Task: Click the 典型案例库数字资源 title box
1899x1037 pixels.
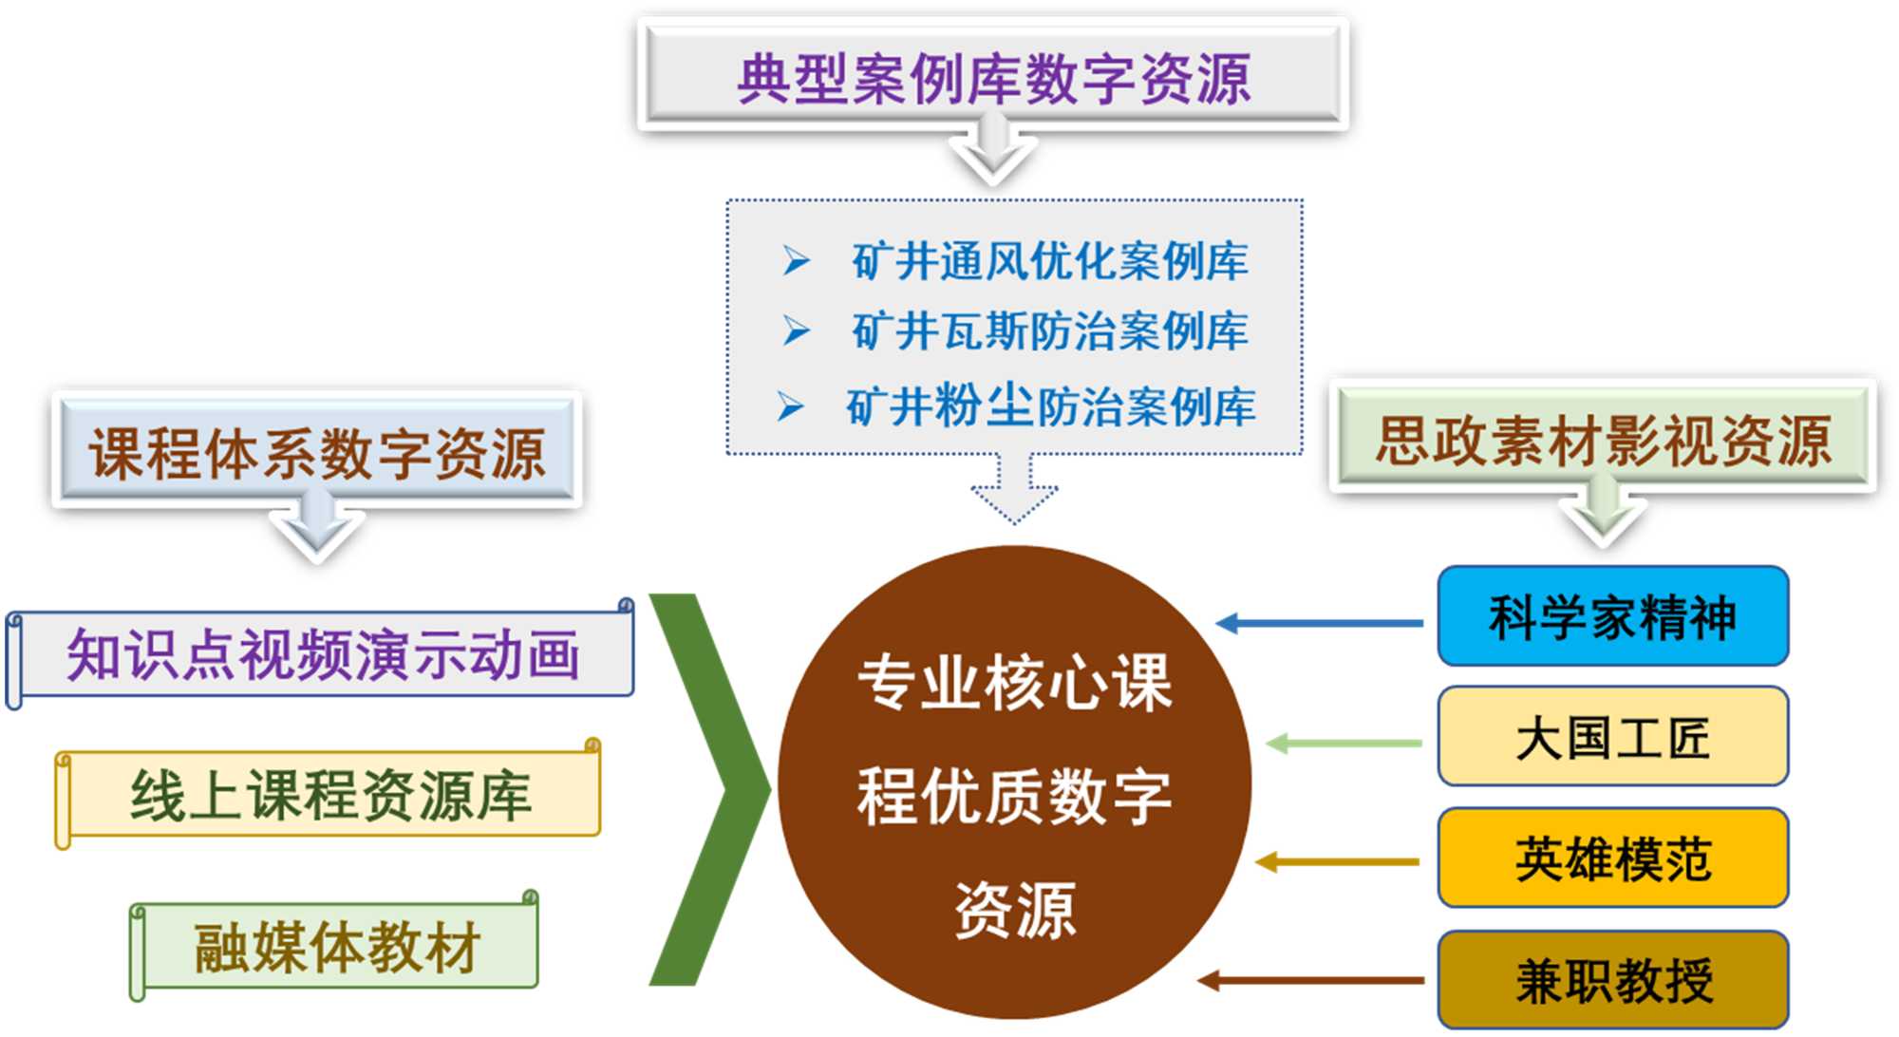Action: [x=993, y=76]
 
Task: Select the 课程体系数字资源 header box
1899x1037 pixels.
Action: [x=316, y=451]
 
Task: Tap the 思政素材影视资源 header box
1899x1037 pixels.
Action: [x=1603, y=440]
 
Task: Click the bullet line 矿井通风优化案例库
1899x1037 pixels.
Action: [x=1049, y=260]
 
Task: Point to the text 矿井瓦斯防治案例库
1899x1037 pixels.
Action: [x=1049, y=331]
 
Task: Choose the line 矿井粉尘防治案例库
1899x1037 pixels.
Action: [x=1050, y=406]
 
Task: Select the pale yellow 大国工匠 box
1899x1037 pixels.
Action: [x=1612, y=738]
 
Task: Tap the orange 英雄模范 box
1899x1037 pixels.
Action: [x=1612, y=858]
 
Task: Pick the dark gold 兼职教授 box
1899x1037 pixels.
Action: [x=1612, y=980]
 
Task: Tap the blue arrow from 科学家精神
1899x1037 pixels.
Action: [x=1320, y=623]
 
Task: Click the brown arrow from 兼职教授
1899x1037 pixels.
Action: [x=1310, y=980]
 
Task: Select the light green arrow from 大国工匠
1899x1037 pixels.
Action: [x=1344, y=743]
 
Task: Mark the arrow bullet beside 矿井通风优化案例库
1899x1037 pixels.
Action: [x=796, y=260]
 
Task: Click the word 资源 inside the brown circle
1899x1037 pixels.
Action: [x=1014, y=909]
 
